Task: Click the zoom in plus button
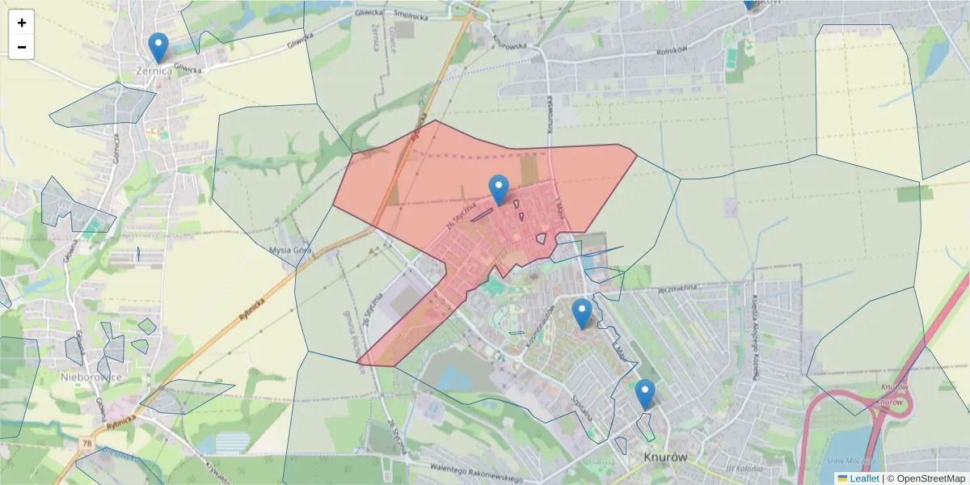tap(22, 23)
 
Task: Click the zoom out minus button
tap(22, 47)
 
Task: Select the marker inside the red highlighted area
tap(499, 191)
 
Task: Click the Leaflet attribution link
tap(864, 479)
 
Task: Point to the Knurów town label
tap(667, 458)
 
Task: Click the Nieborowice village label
tap(91, 377)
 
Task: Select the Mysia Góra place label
tap(291, 251)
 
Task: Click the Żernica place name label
tap(154, 70)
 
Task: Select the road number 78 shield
tap(86, 442)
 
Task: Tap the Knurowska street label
tap(517, 40)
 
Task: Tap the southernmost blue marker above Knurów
tap(644, 394)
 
